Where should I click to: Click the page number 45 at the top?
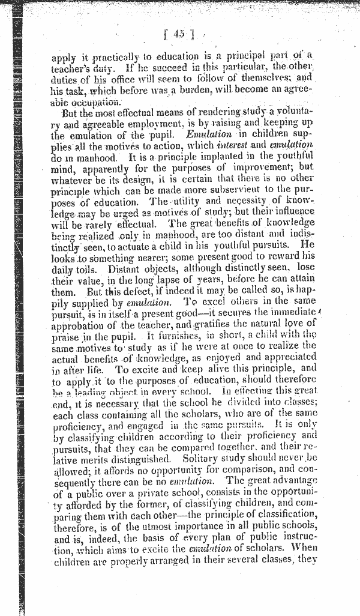tap(178, 35)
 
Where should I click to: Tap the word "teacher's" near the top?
tap(70, 68)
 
